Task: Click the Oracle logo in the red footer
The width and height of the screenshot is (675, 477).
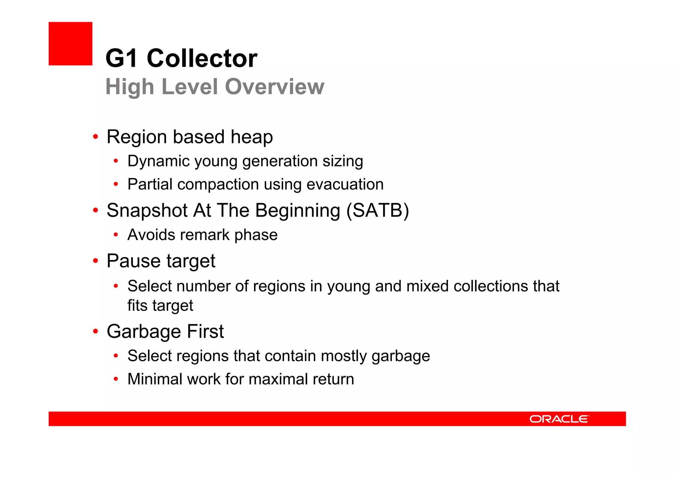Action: point(559,419)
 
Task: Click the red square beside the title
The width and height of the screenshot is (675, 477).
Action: point(71,44)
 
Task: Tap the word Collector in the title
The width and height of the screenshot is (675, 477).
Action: point(202,58)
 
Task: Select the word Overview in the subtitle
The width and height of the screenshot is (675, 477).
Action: point(275,87)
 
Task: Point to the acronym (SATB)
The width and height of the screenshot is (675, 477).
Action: point(377,210)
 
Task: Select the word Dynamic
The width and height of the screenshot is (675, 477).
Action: point(150,162)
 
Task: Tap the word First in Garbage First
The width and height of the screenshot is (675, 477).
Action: point(205,331)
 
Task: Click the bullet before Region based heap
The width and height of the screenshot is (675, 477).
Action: point(96,137)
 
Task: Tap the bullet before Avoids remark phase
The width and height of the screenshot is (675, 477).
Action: point(116,235)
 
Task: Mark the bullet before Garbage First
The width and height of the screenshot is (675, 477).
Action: point(96,331)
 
